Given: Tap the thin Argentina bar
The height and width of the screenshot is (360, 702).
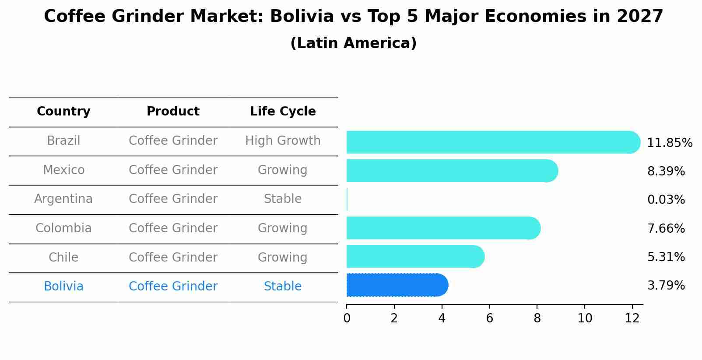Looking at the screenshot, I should [x=347, y=199].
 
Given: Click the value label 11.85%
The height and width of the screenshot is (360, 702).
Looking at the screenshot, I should [x=669, y=143].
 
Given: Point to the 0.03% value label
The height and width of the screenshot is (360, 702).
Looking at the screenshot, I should [x=666, y=200].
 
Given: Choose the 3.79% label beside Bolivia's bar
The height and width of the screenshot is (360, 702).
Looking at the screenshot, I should [x=666, y=286].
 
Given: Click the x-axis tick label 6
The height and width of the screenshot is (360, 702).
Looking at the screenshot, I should [x=489, y=318].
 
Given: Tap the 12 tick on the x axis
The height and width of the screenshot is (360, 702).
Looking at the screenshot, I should [x=632, y=318].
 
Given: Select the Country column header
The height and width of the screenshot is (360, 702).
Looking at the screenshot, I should [x=63, y=112].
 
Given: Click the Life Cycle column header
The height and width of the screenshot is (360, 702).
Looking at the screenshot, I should [x=283, y=112].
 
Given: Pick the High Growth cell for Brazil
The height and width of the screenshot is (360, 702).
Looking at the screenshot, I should [x=283, y=141].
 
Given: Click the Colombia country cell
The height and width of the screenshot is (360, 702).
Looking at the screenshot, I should [x=63, y=228].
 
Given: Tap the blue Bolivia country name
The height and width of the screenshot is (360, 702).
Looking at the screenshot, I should [x=63, y=287].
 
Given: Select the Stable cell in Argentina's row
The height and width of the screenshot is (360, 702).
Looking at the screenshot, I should [x=283, y=199].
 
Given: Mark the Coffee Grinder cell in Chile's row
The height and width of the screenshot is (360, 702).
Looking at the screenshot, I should [x=173, y=257].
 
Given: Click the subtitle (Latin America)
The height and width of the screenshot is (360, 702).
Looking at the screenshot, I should [x=353, y=43].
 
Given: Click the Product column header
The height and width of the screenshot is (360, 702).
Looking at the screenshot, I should [x=173, y=112].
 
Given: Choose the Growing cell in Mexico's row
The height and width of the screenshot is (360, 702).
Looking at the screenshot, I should [x=283, y=170].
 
